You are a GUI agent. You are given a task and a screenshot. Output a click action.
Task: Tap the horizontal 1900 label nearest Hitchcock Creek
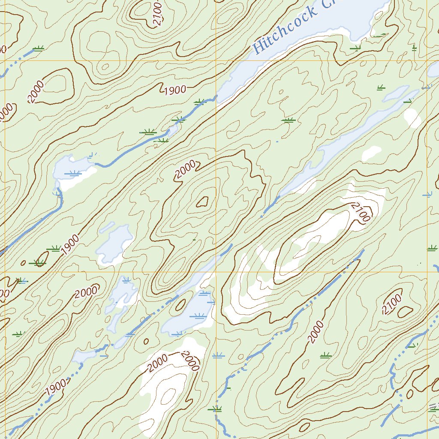point(174,90)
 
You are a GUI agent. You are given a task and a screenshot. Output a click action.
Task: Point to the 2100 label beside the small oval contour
point(392,304)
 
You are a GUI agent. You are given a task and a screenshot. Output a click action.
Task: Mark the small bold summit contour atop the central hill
point(202,201)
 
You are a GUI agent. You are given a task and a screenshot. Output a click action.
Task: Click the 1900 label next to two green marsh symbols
point(69,244)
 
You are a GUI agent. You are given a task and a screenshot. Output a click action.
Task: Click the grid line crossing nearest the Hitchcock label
point(216,61)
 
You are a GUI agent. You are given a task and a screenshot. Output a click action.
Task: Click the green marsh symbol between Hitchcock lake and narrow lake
point(289,120)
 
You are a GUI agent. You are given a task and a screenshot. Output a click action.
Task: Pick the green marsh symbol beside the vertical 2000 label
point(326,355)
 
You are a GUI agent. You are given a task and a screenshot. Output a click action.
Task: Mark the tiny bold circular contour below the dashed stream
point(146,341)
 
